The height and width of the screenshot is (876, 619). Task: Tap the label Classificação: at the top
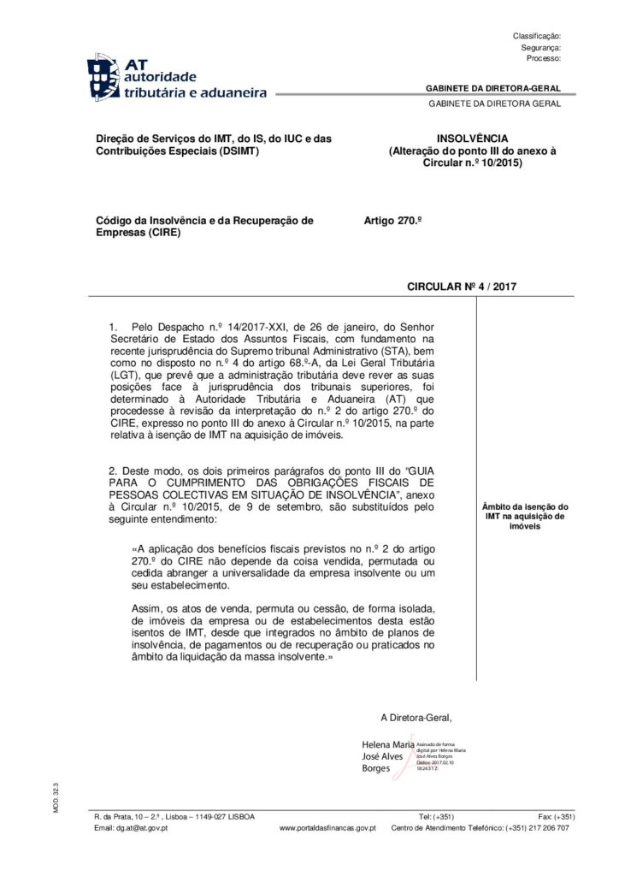pos(536,36)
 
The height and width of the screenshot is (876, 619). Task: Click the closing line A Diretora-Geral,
pos(416,717)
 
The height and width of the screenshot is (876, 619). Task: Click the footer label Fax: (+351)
pos(557,816)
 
